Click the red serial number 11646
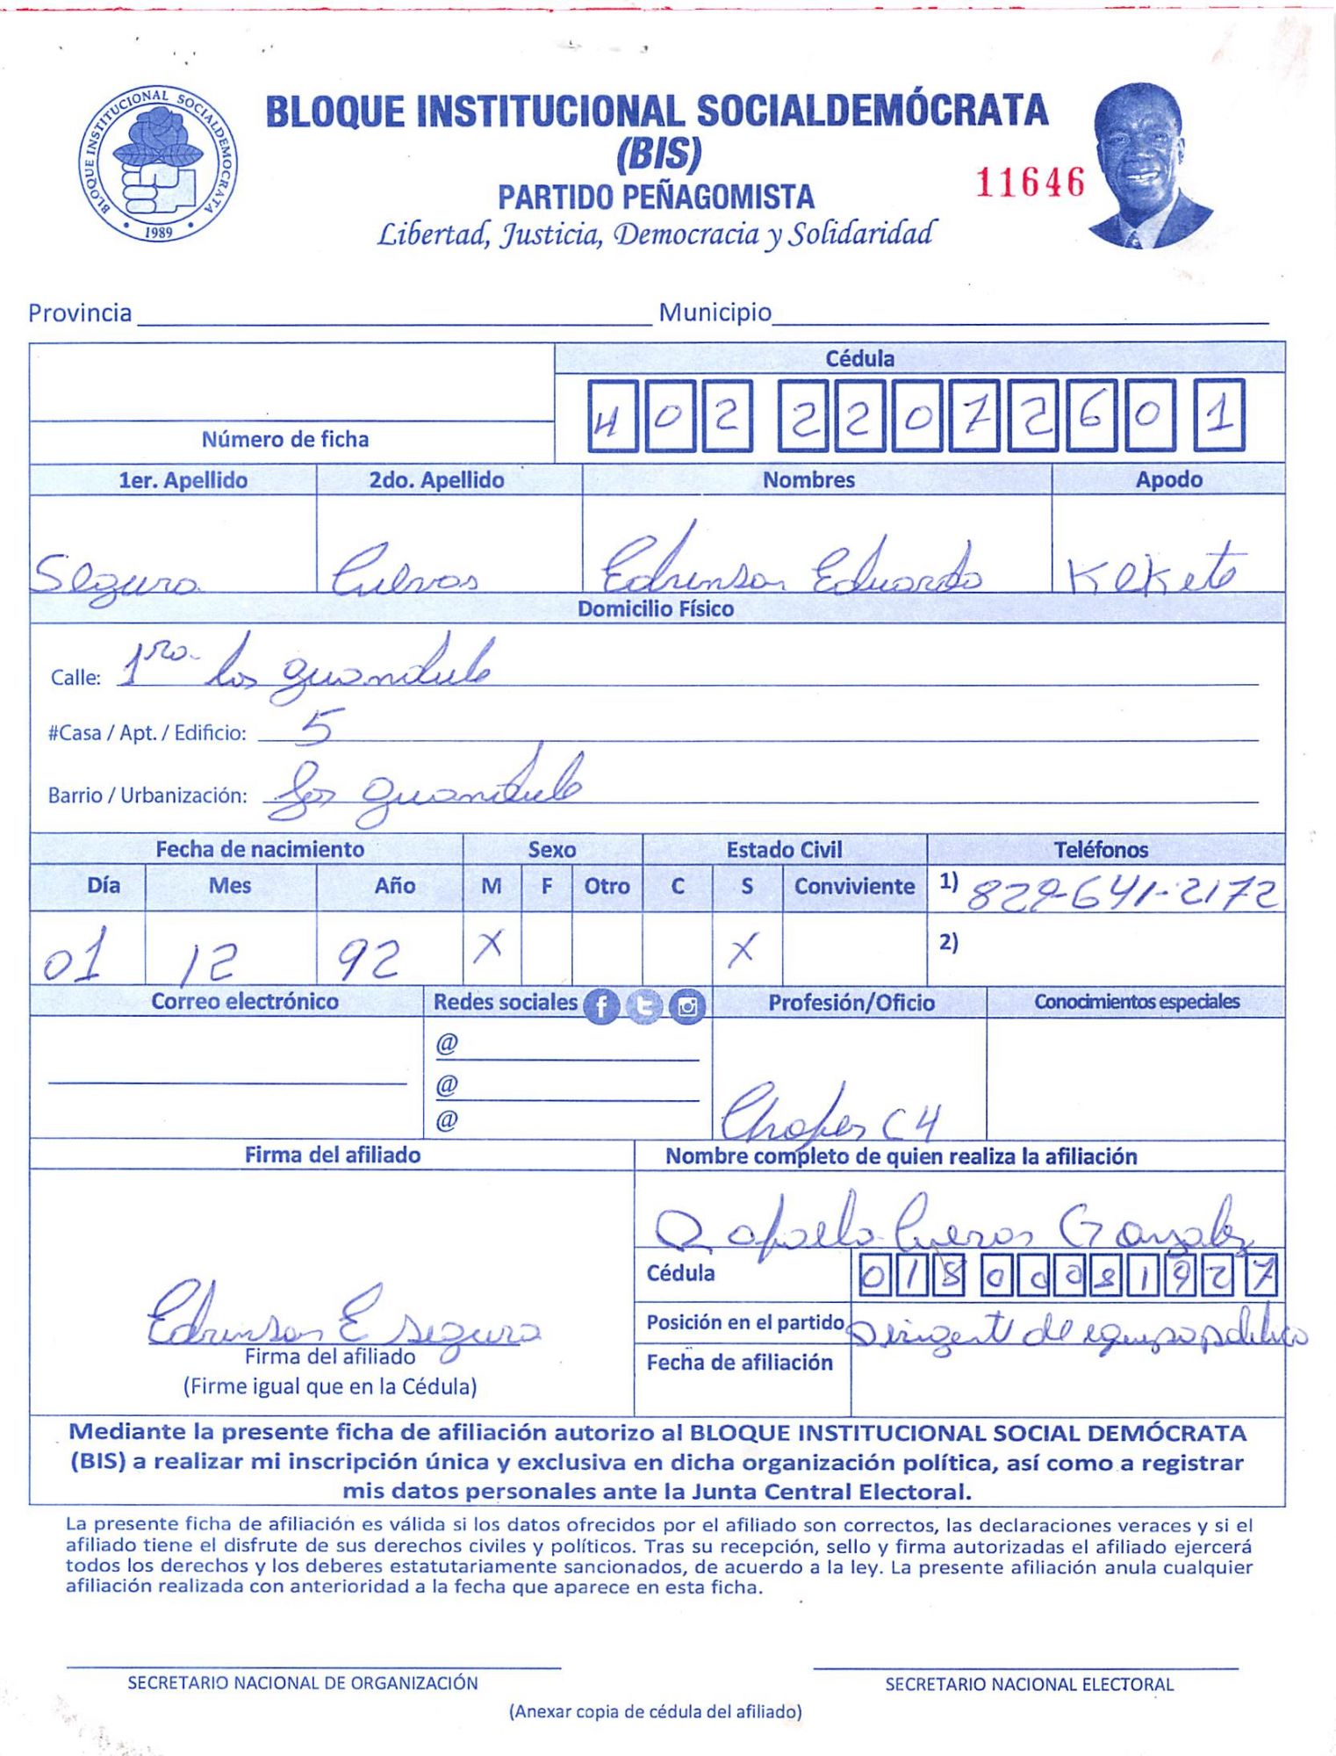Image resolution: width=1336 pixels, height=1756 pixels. point(1030,183)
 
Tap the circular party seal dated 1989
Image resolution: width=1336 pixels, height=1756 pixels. point(159,164)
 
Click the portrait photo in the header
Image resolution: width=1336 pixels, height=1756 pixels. point(1146,166)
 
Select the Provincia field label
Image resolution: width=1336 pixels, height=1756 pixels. point(80,313)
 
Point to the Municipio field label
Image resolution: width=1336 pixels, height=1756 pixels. point(715,313)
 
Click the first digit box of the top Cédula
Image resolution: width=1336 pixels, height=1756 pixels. point(612,416)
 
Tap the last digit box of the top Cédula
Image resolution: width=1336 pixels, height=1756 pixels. point(1219,416)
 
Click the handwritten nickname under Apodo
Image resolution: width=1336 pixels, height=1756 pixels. point(1154,569)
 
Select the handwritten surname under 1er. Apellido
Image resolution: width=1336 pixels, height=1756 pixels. point(116,575)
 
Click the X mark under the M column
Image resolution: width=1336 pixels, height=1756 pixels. point(491,946)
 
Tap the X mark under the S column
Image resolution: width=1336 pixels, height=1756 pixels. point(743,948)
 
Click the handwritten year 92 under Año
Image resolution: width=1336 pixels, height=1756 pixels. point(370,959)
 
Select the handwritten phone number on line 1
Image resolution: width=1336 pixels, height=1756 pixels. point(1122,893)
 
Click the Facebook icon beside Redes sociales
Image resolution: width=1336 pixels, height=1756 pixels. point(601,1006)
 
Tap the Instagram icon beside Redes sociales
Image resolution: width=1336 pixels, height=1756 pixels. point(687,1006)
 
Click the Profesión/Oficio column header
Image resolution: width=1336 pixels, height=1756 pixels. point(851,1003)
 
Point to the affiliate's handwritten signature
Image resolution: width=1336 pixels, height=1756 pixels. point(342,1318)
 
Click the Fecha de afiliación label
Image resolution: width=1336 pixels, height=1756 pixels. point(739,1362)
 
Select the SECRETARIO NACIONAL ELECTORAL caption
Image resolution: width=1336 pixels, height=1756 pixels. point(1029,1684)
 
